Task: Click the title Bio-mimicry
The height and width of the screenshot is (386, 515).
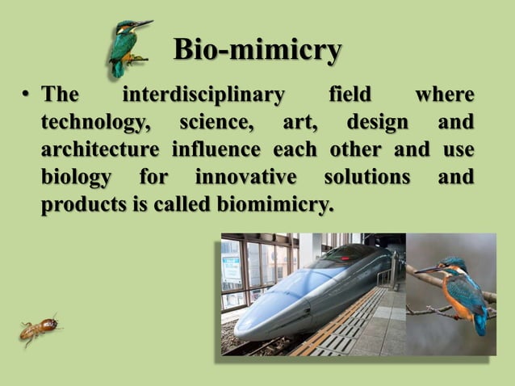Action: click(x=257, y=50)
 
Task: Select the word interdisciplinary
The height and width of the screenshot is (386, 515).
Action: click(x=203, y=95)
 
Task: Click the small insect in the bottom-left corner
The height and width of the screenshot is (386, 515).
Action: click(x=40, y=328)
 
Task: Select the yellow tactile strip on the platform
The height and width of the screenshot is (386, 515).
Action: click(x=327, y=331)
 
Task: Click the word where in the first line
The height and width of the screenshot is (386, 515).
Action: click(x=444, y=95)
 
